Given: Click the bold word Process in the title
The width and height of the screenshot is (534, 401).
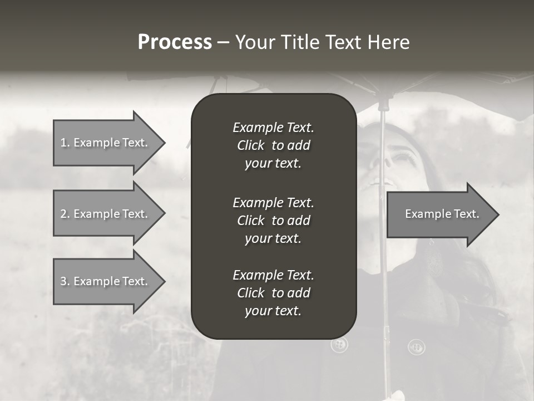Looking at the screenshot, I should pyautogui.click(x=175, y=42).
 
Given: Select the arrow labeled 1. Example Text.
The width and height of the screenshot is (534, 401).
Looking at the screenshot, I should pyautogui.click(x=104, y=143).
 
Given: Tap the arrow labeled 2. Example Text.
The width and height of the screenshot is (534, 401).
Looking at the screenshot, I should pyautogui.click(x=104, y=214).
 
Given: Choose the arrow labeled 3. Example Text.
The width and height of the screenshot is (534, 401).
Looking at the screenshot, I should pyautogui.click(x=104, y=281).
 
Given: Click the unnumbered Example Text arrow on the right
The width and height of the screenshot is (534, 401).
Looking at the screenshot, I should pyautogui.click(x=442, y=214).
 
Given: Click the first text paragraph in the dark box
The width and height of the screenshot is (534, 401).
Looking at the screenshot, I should pyautogui.click(x=273, y=145).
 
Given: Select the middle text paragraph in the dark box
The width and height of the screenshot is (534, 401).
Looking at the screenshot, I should pyautogui.click(x=273, y=221).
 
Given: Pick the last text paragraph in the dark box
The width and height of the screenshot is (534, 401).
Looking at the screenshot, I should pyautogui.click(x=273, y=293).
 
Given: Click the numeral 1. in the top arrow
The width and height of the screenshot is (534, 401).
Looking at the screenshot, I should pyautogui.click(x=65, y=143).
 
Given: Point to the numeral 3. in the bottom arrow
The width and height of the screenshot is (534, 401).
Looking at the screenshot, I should pyautogui.click(x=65, y=281).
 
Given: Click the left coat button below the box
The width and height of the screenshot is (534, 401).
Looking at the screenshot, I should pyautogui.click(x=339, y=345).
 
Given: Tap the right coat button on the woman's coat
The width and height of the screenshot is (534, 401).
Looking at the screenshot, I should pyautogui.click(x=416, y=347).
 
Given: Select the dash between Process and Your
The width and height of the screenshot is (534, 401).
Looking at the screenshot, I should pyautogui.click(x=223, y=42).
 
